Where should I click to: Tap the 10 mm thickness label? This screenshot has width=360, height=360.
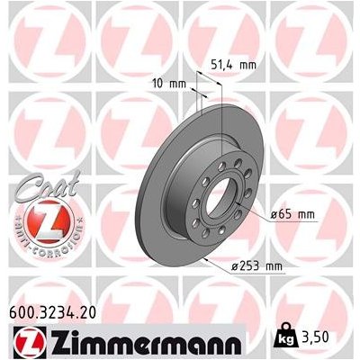[x=169, y=85]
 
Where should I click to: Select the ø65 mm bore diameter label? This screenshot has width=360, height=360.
[x=295, y=214]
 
